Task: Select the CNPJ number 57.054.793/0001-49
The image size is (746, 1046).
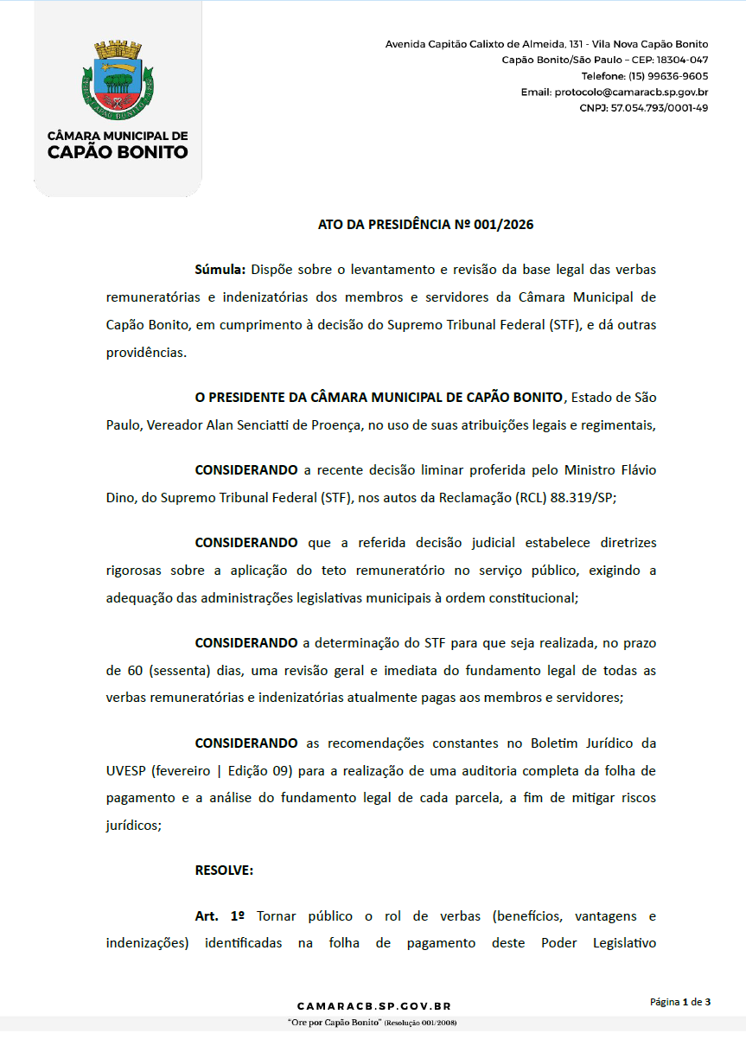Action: [x=660, y=108]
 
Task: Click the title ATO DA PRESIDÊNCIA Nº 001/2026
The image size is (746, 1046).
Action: [x=425, y=225]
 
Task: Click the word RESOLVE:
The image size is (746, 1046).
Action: [x=224, y=870]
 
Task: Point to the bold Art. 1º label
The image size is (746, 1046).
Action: [x=220, y=915]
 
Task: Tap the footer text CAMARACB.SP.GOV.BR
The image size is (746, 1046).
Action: [x=373, y=1006]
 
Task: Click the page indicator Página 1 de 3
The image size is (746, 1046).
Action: [x=680, y=1002]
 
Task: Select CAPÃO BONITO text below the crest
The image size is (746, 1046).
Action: [x=117, y=152]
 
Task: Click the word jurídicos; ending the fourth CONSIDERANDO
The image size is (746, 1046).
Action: [x=133, y=825]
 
